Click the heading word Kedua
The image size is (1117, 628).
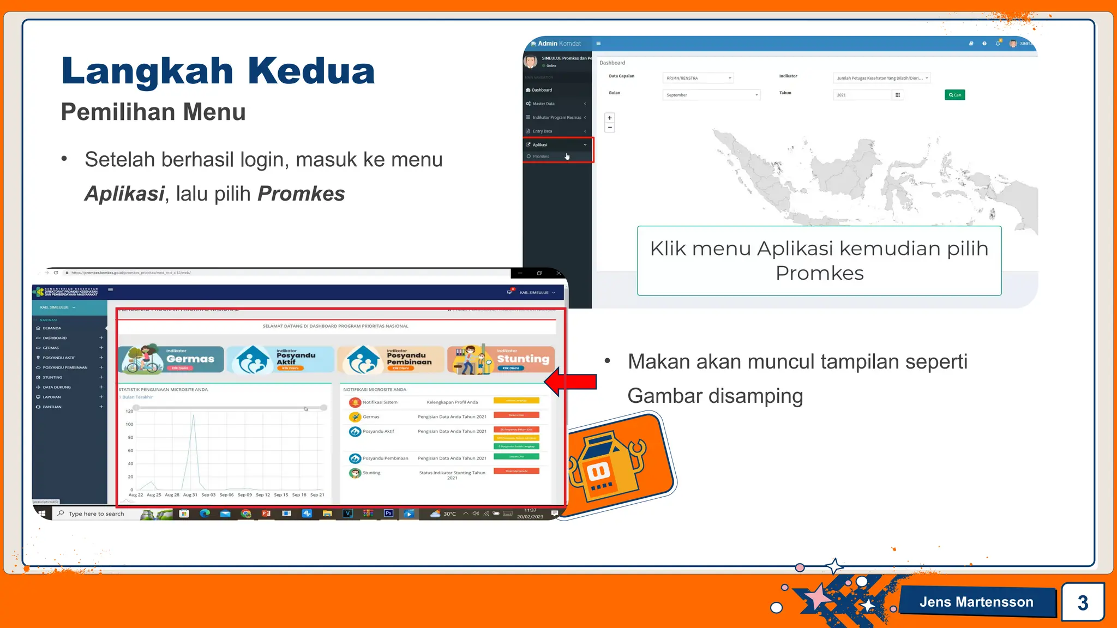(311, 71)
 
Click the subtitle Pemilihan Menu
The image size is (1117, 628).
(153, 112)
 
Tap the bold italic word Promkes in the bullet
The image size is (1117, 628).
(301, 194)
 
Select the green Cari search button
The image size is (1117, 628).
(954, 95)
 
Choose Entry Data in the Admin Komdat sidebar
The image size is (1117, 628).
(543, 131)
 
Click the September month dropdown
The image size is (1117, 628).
(711, 95)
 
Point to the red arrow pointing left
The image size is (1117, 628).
(570, 382)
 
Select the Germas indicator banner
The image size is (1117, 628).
(171, 359)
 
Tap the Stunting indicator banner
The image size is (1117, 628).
(501, 359)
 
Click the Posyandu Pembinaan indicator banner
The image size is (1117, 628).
(391, 359)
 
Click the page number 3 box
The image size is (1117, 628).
(1083, 602)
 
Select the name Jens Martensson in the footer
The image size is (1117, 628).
(976, 602)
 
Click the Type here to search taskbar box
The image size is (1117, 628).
(97, 514)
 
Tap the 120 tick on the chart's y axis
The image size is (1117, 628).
(129, 411)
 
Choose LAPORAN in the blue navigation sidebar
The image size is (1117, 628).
(52, 397)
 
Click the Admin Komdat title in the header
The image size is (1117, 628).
(559, 44)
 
